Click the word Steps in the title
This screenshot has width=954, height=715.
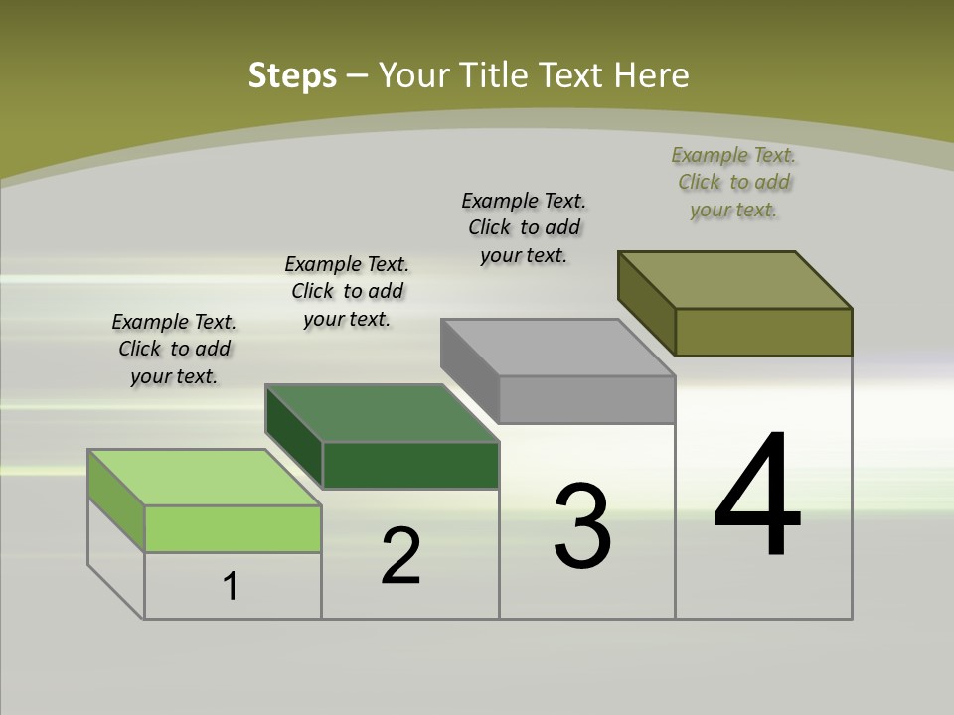click(x=292, y=75)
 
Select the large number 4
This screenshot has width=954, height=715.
click(x=757, y=497)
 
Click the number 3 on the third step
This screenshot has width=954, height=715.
click(x=582, y=526)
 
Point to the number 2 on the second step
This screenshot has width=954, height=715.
click(x=400, y=556)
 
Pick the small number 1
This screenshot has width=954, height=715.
click(x=231, y=587)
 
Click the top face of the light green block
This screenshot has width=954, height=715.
click(x=204, y=478)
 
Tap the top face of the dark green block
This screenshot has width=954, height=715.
click(x=382, y=413)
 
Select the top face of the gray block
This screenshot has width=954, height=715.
click(x=557, y=348)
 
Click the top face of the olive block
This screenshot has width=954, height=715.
click(x=735, y=280)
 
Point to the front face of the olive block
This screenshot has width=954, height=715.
click(x=763, y=332)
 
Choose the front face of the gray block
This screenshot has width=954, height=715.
click(x=586, y=399)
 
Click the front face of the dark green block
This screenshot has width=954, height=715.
click(x=410, y=465)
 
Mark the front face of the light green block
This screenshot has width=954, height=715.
click(x=233, y=528)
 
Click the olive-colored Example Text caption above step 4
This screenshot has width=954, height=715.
click(x=733, y=182)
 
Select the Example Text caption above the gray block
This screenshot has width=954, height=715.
click(x=524, y=227)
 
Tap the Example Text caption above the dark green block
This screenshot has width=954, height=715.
click(x=347, y=291)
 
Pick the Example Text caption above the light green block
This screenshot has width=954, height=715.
click(x=174, y=349)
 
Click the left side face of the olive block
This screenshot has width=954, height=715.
click(x=647, y=302)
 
